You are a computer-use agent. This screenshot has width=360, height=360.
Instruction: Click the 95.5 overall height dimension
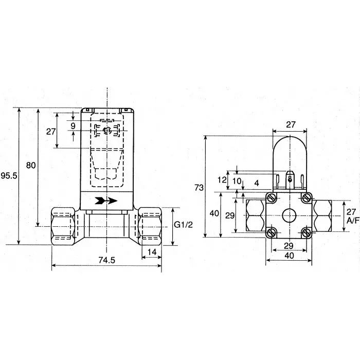click(9, 176)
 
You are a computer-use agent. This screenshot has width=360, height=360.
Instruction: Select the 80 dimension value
click(30, 165)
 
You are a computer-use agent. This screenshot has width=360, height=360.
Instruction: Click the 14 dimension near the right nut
click(152, 252)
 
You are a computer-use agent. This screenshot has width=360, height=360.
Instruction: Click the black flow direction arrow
click(106, 200)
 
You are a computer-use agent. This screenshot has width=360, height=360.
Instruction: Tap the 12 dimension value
click(222, 180)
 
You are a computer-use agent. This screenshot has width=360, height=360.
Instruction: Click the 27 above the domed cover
click(290, 124)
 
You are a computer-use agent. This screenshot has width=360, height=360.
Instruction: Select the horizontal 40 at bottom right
click(290, 255)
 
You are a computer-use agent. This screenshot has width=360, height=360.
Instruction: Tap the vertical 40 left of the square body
click(214, 213)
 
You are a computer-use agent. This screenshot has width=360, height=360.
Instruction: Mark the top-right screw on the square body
click(308, 197)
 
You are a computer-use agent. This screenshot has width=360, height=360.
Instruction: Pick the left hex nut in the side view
click(65, 224)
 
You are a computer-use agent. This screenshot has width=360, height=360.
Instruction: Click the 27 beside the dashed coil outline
click(50, 132)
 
